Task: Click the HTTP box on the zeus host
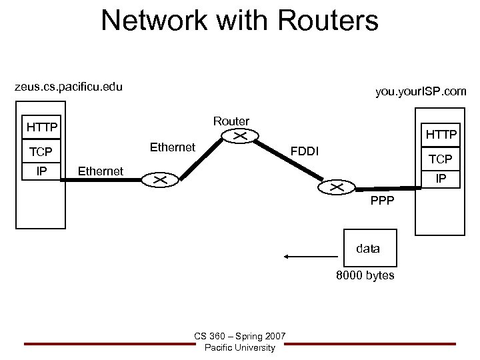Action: point(41,127)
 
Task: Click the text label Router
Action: point(231,121)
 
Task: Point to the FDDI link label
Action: point(303,153)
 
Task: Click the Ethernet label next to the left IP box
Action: point(100,171)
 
